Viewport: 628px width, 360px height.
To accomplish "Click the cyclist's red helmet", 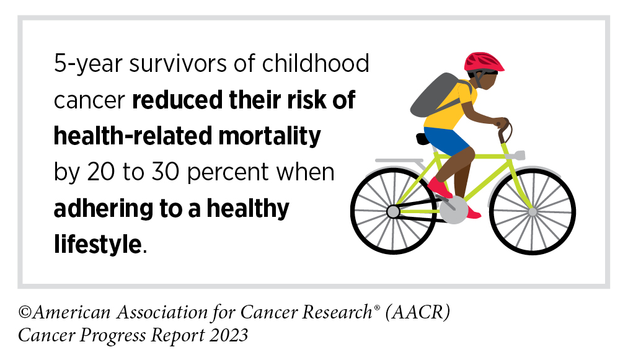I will click(484, 61).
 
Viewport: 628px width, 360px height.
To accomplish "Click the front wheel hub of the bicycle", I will click(533, 211).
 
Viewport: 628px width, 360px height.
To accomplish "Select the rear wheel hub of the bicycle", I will click(393, 212).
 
